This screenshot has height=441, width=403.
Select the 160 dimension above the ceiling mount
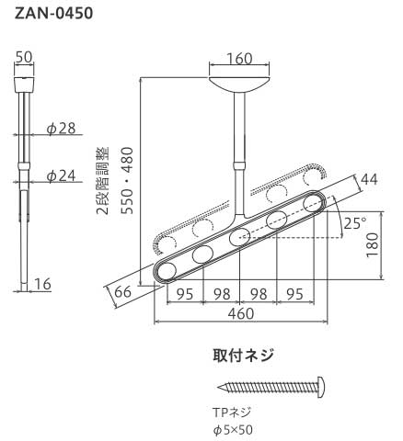238,59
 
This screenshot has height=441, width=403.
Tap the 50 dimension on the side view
25,59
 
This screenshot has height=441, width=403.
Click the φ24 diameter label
61,175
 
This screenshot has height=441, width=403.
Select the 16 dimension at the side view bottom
41,286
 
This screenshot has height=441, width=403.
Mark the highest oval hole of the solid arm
313,203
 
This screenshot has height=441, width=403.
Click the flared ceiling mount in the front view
239,85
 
